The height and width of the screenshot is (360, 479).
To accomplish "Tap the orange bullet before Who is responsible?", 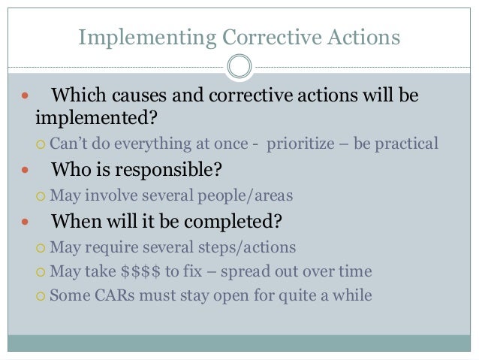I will (26, 171).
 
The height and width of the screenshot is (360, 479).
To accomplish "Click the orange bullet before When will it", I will (26, 222).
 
